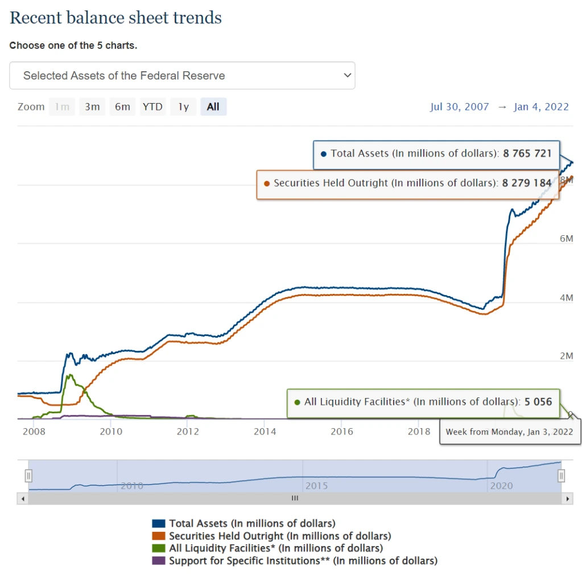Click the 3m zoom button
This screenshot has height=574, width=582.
[92, 106]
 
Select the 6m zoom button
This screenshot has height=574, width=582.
[122, 106]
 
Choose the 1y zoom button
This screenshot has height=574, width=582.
[183, 106]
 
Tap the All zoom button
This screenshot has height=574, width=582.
[213, 106]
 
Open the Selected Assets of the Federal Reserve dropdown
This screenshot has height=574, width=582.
[182, 76]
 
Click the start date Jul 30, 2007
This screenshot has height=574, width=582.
[459, 106]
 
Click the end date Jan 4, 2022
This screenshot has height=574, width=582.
[541, 106]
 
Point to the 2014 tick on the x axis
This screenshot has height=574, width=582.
[265, 431]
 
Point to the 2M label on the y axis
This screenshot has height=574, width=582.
[567, 356]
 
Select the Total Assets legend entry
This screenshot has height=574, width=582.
[252, 523]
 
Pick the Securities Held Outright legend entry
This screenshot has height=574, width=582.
[280, 536]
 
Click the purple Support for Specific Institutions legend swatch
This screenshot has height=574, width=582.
[159, 561]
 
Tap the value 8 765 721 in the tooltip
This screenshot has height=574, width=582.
[527, 153]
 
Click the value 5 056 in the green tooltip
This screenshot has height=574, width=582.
[538, 401]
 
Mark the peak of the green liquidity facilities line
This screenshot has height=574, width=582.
[69, 375]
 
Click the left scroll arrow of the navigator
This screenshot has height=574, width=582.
[23, 499]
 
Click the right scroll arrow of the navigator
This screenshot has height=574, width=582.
[567, 499]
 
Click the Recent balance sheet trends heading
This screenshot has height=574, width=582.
[116, 18]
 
